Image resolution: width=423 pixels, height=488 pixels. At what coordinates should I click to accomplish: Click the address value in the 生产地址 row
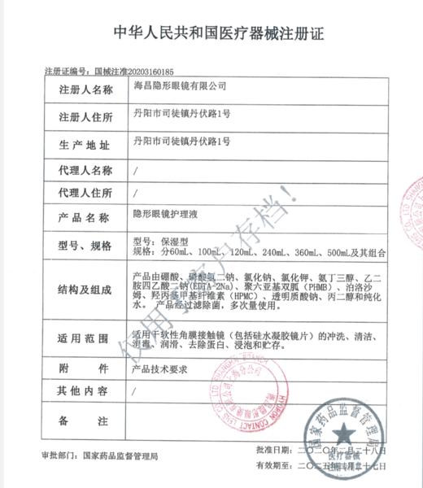(181, 143)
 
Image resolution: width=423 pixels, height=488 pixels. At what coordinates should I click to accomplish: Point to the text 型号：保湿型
(161, 242)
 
